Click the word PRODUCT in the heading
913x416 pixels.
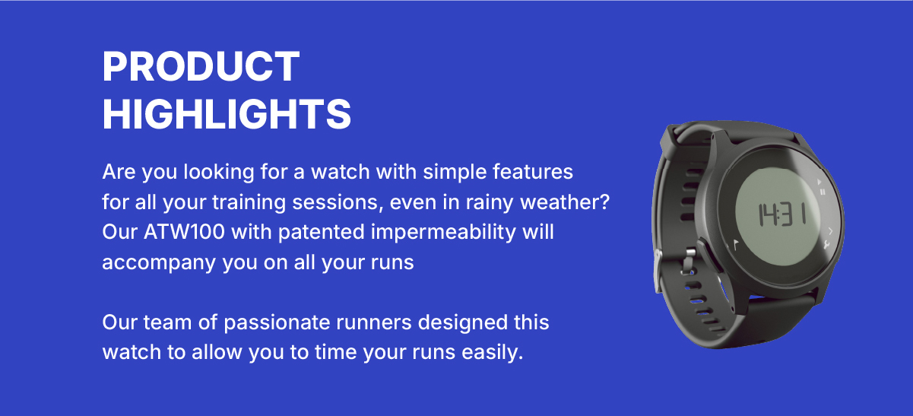point(201,66)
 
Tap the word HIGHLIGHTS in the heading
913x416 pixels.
point(227,114)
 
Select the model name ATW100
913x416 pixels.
point(184,232)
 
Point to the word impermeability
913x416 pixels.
point(443,233)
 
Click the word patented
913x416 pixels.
point(321,233)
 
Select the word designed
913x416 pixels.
point(463,323)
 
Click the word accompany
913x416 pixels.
point(159,263)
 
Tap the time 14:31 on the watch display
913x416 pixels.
point(781,214)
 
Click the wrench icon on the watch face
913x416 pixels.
point(826,245)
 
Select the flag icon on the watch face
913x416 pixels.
point(736,245)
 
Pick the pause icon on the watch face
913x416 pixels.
point(823,192)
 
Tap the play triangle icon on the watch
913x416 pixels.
point(819,182)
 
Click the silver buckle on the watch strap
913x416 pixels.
point(658,272)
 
